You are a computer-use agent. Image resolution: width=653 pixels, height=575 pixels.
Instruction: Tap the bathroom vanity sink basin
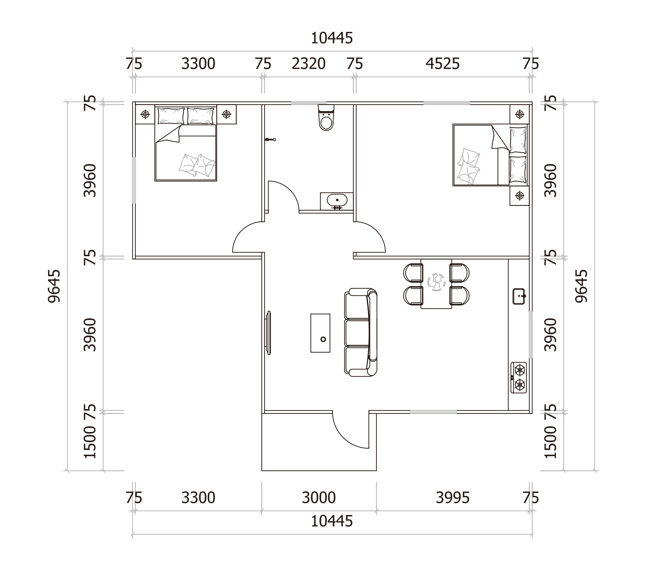click(337, 200)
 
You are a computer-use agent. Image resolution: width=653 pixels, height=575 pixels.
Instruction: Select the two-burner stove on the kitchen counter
click(519, 378)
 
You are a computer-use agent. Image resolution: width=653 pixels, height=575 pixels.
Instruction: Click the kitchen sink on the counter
click(519, 296)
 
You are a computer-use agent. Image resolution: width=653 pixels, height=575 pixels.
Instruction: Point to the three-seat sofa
click(361, 332)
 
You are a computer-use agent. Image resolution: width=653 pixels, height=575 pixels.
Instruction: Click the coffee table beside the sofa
click(320, 333)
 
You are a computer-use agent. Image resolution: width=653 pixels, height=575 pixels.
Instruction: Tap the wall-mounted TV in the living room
click(268, 333)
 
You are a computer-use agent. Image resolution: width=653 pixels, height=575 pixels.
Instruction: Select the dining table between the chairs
click(436, 284)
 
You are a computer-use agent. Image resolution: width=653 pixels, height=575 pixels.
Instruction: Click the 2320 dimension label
click(308, 64)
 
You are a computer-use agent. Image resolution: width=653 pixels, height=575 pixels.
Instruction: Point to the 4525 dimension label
click(443, 64)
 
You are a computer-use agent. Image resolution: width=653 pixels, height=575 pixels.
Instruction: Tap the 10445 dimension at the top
click(332, 38)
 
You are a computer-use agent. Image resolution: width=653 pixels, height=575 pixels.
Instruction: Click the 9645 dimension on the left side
click(54, 286)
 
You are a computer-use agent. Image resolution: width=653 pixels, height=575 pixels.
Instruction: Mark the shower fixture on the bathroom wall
click(270, 140)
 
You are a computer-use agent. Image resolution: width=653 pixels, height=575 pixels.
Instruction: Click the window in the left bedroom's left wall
click(134, 180)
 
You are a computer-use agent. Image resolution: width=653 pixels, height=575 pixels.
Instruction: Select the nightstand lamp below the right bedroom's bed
click(520, 196)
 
